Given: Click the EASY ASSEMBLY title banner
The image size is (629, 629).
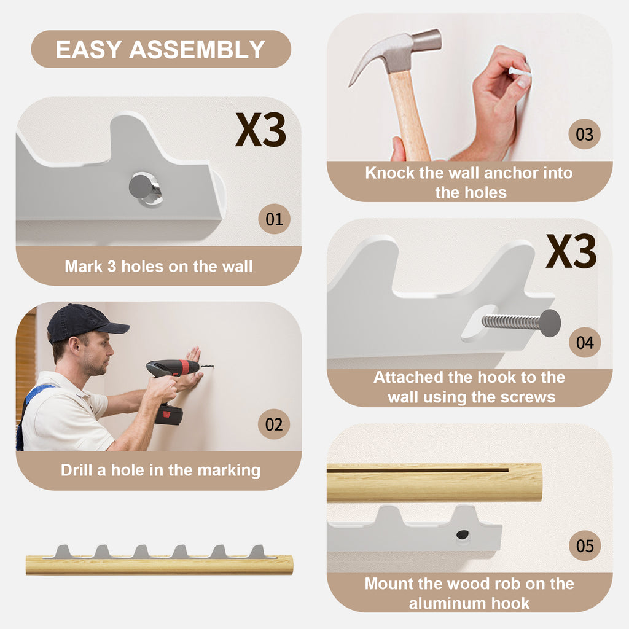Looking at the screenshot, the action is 161,49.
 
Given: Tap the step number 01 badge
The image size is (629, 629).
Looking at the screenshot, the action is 275,219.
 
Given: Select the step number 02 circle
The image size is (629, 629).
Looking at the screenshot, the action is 274,424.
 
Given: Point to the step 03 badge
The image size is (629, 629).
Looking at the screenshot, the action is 584,135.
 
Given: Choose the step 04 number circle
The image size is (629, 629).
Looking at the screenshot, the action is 585,342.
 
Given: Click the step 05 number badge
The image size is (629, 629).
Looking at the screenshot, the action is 585,545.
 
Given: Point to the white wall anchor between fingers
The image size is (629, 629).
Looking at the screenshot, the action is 520,73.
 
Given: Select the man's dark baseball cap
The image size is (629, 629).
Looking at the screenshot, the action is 84,323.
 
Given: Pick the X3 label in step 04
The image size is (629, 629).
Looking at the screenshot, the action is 571,251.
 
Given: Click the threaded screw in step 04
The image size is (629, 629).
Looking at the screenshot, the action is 521,322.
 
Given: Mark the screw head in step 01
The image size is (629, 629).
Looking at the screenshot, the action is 141,186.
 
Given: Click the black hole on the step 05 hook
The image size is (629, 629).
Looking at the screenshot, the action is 463,534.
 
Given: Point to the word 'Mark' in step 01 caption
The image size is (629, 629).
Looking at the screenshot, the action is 83,267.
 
